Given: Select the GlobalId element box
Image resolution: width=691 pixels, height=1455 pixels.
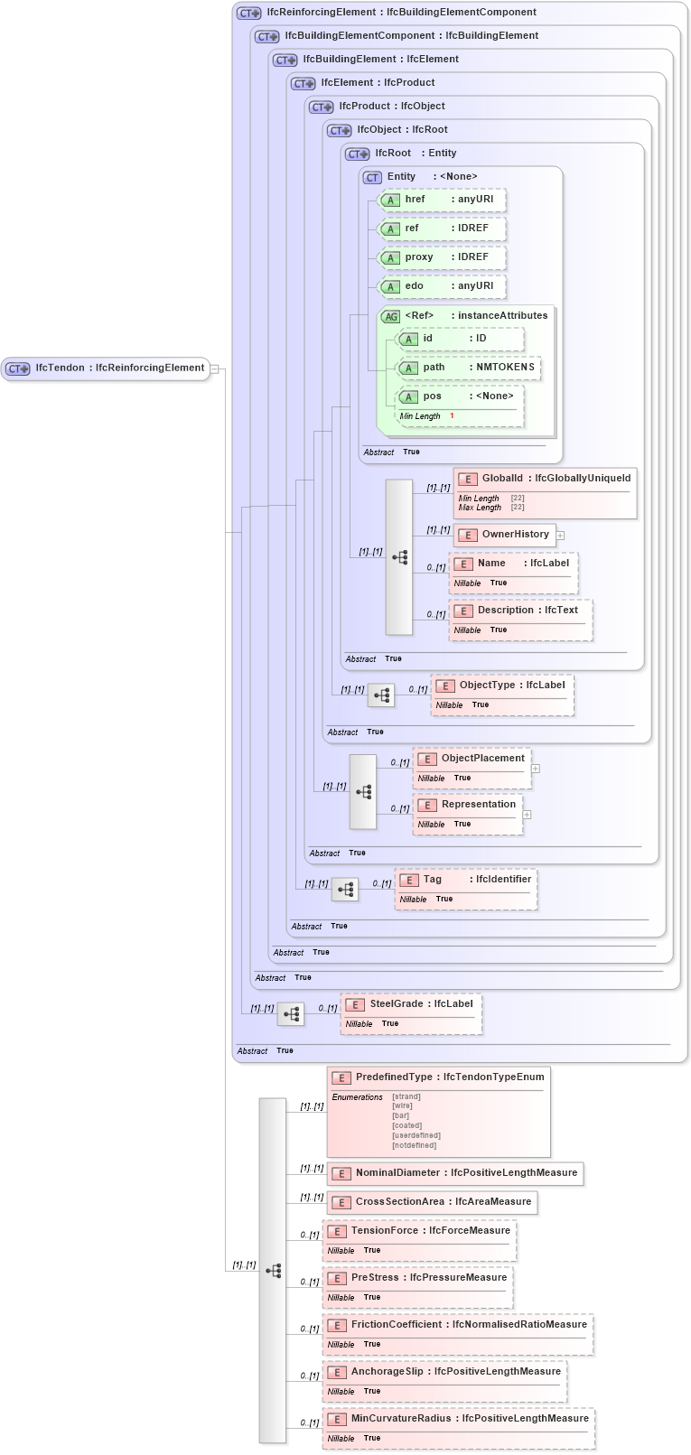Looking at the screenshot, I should tap(545, 479).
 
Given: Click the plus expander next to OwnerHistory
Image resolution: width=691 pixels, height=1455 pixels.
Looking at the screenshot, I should tap(560, 536).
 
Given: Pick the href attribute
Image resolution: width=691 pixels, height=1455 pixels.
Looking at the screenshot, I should tap(441, 200).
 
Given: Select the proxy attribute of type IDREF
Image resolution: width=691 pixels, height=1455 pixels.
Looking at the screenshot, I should tap(441, 257).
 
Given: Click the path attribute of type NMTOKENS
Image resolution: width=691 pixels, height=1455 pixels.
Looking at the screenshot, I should tap(469, 368).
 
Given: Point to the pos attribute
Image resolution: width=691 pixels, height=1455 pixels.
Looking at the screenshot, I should tap(460, 396).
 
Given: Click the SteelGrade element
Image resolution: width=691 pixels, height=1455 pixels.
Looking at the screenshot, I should tap(411, 1004).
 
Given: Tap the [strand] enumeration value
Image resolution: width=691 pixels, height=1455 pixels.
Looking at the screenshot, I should tap(406, 1096).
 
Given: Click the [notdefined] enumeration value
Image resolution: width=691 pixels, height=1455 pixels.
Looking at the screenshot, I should tap(414, 1145).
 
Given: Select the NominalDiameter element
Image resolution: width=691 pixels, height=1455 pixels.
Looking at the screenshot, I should tap(455, 1173).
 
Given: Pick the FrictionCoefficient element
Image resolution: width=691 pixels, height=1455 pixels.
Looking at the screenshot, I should tap(458, 1325).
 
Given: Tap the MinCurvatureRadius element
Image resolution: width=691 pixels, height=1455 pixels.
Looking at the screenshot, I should tap(459, 1419).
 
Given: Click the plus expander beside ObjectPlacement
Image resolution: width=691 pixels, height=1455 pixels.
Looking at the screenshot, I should tap(536, 769).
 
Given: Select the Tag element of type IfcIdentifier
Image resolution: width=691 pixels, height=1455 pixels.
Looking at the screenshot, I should tap(466, 880).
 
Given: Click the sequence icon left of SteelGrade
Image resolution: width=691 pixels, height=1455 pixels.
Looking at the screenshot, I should tap(291, 1014).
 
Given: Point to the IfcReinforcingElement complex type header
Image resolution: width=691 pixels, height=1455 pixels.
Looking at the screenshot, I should tap(401, 13).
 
